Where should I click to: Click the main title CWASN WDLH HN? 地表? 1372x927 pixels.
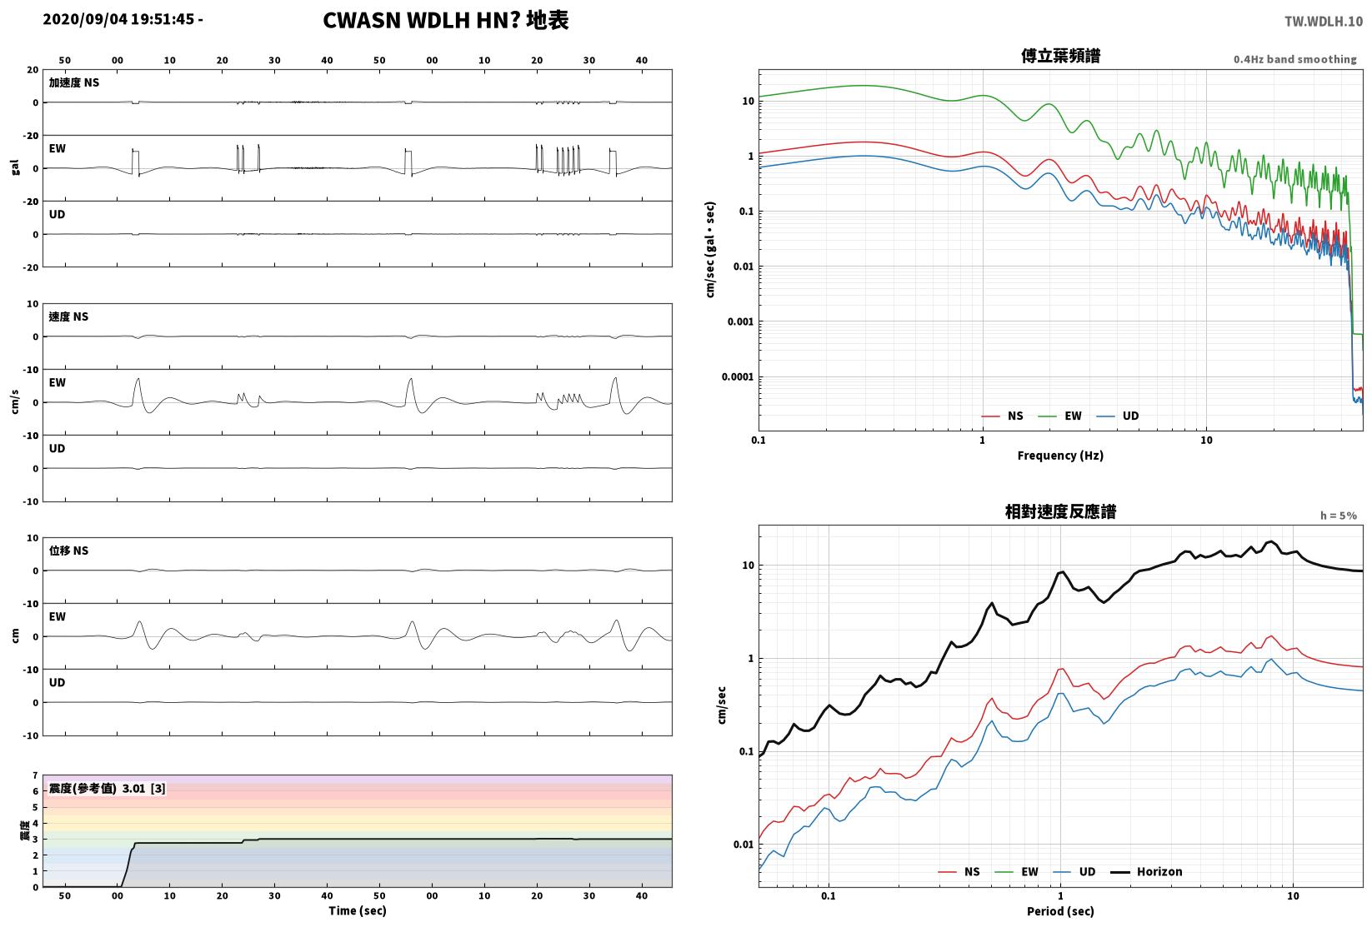(445, 20)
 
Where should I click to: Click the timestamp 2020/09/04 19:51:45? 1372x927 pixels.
(118, 19)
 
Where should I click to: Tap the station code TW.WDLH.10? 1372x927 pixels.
(1324, 22)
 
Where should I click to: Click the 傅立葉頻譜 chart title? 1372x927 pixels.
(1060, 56)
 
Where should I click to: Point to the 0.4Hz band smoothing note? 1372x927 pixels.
(1294, 59)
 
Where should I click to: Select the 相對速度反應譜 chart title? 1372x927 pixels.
(1060, 511)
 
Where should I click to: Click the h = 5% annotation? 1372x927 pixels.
(1339, 516)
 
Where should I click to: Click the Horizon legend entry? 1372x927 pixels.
(1147, 871)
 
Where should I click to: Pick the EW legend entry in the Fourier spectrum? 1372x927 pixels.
(1060, 416)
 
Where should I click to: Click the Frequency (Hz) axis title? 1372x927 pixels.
(1060, 456)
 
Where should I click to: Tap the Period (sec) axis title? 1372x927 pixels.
(1060, 911)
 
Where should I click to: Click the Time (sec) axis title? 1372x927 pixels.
(358, 910)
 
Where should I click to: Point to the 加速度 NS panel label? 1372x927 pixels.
(74, 82)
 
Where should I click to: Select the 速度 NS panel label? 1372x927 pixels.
(68, 316)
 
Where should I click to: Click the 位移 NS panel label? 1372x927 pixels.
(68, 551)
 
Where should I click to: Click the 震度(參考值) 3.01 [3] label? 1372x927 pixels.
(108, 788)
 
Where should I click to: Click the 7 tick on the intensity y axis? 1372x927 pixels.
(36, 775)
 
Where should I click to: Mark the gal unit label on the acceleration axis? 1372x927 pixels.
(15, 167)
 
